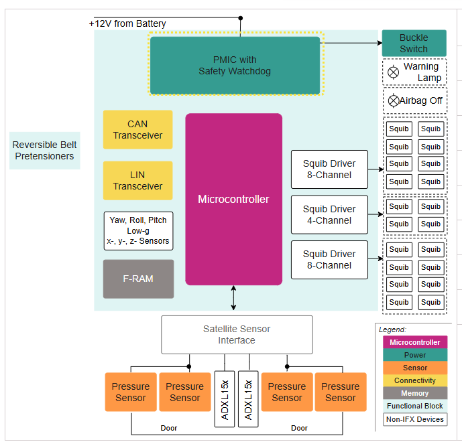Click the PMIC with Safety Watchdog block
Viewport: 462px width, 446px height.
(235, 65)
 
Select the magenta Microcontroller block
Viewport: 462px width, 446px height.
(233, 199)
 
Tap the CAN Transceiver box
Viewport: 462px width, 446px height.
(137, 129)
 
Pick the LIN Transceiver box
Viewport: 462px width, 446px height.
(137, 180)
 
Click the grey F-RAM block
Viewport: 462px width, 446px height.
(138, 279)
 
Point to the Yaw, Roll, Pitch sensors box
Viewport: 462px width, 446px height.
(138, 230)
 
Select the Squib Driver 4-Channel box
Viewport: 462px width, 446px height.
(329, 214)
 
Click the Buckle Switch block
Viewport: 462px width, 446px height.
(414, 43)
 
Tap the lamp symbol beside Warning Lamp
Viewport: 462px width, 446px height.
(394, 71)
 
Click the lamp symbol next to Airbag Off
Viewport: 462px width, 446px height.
(394, 100)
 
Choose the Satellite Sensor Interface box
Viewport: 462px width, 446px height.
(237, 334)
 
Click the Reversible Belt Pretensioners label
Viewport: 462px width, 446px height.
(44, 150)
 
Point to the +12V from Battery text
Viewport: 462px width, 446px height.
(127, 23)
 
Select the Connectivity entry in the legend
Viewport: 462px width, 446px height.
(414, 380)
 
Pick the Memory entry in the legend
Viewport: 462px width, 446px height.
(414, 393)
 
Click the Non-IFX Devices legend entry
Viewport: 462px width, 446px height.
(414, 419)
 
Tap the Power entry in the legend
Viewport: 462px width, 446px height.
(414, 355)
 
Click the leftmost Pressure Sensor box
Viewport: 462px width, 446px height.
(131, 392)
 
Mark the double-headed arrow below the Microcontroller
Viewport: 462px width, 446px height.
(233, 298)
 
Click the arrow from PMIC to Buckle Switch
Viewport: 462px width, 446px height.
(352, 43)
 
